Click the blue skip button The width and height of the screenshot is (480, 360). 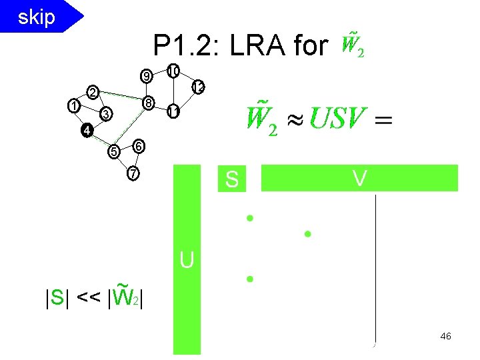pyautogui.click(x=37, y=17)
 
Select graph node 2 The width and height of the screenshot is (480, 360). pyautogui.click(x=93, y=91)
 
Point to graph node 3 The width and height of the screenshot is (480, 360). pyautogui.click(x=105, y=115)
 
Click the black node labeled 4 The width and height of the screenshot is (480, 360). pyautogui.click(x=85, y=130)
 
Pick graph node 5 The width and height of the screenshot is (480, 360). pyautogui.click(x=114, y=152)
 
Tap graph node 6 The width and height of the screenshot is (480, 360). pyautogui.click(x=137, y=145)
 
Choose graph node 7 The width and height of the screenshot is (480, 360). pyautogui.click(x=133, y=174)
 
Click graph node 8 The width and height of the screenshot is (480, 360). pyautogui.click(x=149, y=103)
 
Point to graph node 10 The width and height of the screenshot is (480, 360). pyautogui.click(x=173, y=71)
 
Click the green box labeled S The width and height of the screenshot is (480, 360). pyautogui.click(x=232, y=179)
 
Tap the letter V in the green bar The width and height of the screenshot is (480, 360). pyautogui.click(x=359, y=178)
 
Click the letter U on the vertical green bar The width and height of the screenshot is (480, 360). pyautogui.click(x=187, y=260)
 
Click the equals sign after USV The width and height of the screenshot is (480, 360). pyautogui.click(x=383, y=120)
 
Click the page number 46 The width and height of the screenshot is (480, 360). pyautogui.click(x=445, y=337)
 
